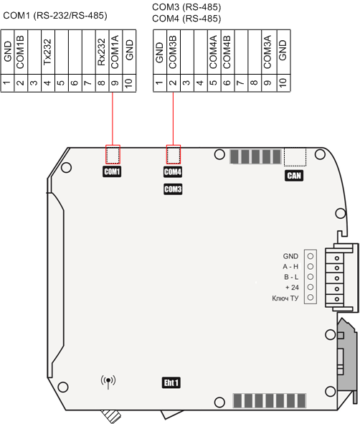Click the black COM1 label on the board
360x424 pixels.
coord(112,171)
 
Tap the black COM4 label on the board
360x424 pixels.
coord(173,171)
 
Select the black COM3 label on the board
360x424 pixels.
coord(173,189)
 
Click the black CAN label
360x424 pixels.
coord(294,176)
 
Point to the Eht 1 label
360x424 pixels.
coord(171,382)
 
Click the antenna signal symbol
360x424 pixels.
coord(108,381)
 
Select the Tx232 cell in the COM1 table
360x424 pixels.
coord(48,52)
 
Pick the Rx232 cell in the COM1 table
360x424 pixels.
coord(102,52)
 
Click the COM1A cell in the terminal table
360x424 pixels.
coord(115,52)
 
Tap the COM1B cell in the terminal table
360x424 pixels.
coord(21,52)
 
